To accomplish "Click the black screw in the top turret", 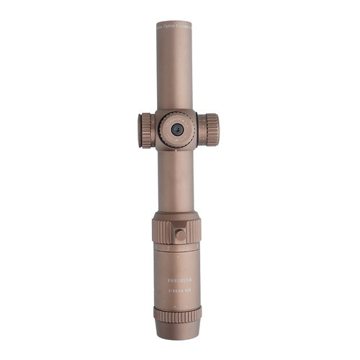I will click(x=176, y=130).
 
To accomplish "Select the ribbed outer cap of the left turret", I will click(x=144, y=130).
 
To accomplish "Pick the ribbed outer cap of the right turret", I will click(x=211, y=130).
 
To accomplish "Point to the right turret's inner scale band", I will click(x=201, y=130).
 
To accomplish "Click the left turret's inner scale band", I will click(x=155, y=130).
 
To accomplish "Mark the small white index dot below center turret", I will click(x=176, y=151).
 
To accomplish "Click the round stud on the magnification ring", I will click(x=180, y=234).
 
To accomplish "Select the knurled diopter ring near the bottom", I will click(x=177, y=315).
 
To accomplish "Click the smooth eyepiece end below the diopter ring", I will click(x=177, y=330).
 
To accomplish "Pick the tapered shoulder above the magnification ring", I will click(x=176, y=215).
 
